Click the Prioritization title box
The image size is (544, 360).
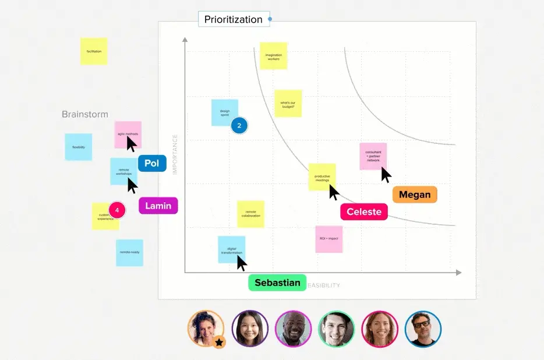234,19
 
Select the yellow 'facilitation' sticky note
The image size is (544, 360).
94,51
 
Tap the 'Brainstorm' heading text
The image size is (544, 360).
85,114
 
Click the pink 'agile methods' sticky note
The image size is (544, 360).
128,134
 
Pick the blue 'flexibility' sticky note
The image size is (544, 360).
79,147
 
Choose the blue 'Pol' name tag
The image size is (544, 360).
152,163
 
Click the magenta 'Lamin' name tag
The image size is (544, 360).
158,206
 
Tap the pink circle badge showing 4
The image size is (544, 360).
117,210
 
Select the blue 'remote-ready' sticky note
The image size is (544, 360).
129,253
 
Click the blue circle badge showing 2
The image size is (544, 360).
239,125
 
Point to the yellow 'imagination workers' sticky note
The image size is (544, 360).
273,57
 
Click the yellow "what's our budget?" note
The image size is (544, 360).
288,104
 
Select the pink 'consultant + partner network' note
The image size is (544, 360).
373,156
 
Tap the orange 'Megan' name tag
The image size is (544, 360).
415,195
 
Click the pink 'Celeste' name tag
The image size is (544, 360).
364,211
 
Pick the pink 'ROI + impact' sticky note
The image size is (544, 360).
329,239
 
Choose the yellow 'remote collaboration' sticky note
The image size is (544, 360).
250,214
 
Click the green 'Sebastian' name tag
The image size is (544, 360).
277,283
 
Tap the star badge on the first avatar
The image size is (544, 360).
219,343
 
